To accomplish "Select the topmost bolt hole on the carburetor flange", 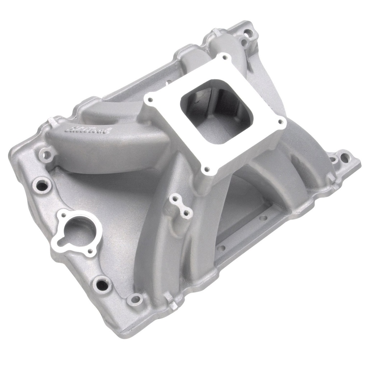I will coord(224,57).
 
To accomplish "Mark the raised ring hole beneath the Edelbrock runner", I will coord(47,156).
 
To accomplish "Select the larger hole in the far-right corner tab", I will coord(345,157).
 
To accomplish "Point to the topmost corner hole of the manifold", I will coord(247,36).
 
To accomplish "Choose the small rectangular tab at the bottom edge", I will coord(172,301).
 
